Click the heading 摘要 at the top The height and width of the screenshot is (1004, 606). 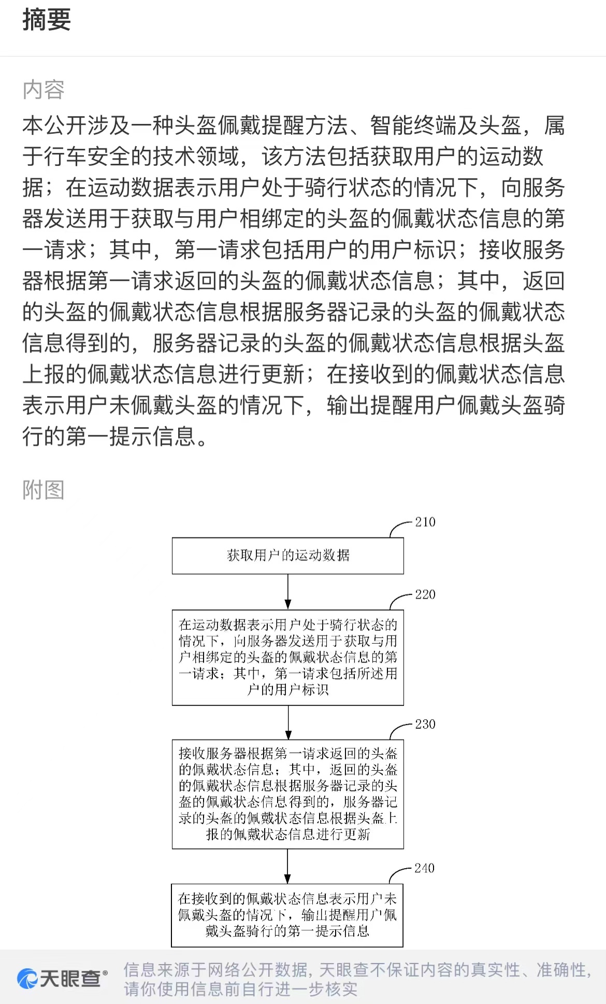tap(47, 20)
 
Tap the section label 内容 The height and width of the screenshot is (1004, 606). tap(44, 90)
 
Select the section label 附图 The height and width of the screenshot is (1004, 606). tap(44, 490)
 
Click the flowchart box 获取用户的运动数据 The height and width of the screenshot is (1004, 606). tap(288, 556)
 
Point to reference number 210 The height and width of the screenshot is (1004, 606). tap(425, 522)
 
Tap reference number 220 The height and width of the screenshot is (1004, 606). tap(425, 595)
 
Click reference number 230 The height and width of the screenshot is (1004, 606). tap(425, 724)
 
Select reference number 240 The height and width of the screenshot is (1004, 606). tap(425, 868)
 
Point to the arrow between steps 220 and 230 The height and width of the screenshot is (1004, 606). tap(288, 723)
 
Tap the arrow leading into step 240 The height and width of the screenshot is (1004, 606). tap(288, 866)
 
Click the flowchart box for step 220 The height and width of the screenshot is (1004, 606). tap(288, 658)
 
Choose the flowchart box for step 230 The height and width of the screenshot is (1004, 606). tap(288, 794)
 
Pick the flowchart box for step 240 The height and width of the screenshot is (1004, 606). tap(287, 915)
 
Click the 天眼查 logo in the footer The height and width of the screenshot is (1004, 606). tap(62, 979)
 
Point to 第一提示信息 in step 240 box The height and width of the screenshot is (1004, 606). tap(328, 931)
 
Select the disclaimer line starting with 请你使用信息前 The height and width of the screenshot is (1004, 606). tap(241, 989)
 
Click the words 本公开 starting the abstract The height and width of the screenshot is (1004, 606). tap(55, 125)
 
